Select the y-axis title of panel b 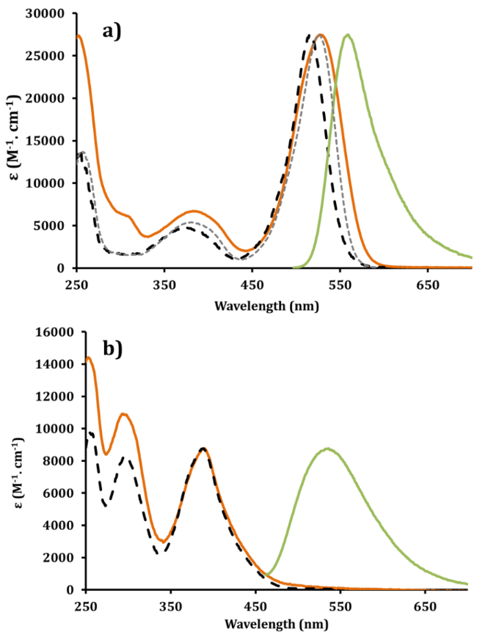(20, 463)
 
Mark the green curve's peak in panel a (348, 34)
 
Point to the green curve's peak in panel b (393, 449)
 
